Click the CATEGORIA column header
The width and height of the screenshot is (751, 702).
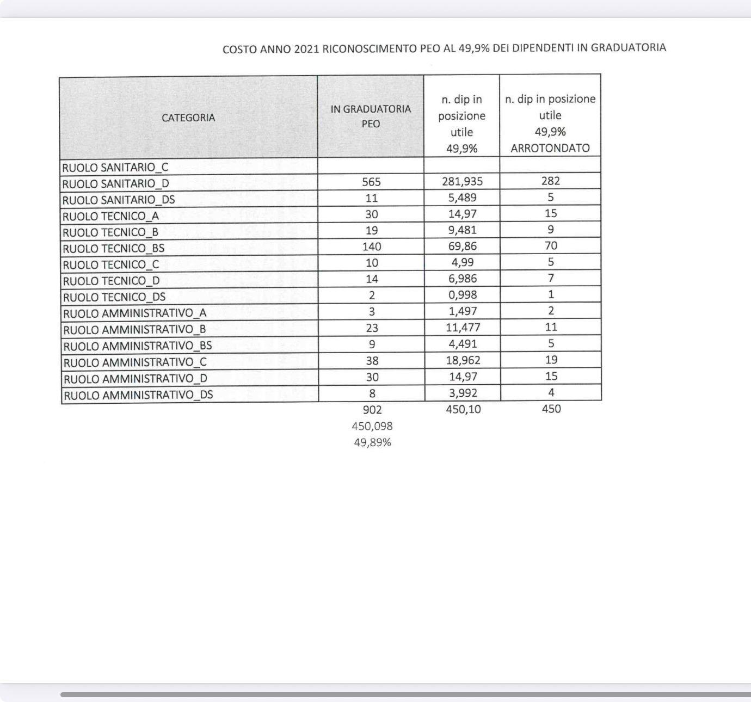point(188,118)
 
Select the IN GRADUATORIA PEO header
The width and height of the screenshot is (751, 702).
point(371,116)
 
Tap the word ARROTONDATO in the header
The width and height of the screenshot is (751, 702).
point(550,148)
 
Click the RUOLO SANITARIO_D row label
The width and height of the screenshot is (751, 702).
point(116,184)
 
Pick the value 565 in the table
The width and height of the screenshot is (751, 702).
point(371,182)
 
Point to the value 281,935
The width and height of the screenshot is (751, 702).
point(462,181)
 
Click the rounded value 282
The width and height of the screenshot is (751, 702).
point(551,181)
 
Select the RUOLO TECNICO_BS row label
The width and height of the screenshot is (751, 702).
point(114,249)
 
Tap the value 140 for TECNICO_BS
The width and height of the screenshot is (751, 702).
point(372,247)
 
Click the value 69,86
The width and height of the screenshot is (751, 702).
point(462,246)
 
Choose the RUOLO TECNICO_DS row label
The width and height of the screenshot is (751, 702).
point(114,297)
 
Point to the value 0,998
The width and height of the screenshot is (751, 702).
point(463,294)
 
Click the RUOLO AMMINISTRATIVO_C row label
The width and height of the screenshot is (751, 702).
point(135,362)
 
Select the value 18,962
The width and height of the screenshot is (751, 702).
point(463,360)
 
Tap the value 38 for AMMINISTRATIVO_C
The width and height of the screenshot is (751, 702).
point(372,361)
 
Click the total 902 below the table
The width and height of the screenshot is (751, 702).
point(372,410)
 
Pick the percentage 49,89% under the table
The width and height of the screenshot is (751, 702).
point(372,442)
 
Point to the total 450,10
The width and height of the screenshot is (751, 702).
point(463,409)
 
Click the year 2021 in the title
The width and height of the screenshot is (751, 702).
point(306,49)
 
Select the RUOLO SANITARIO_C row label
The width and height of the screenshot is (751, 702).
point(115,168)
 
